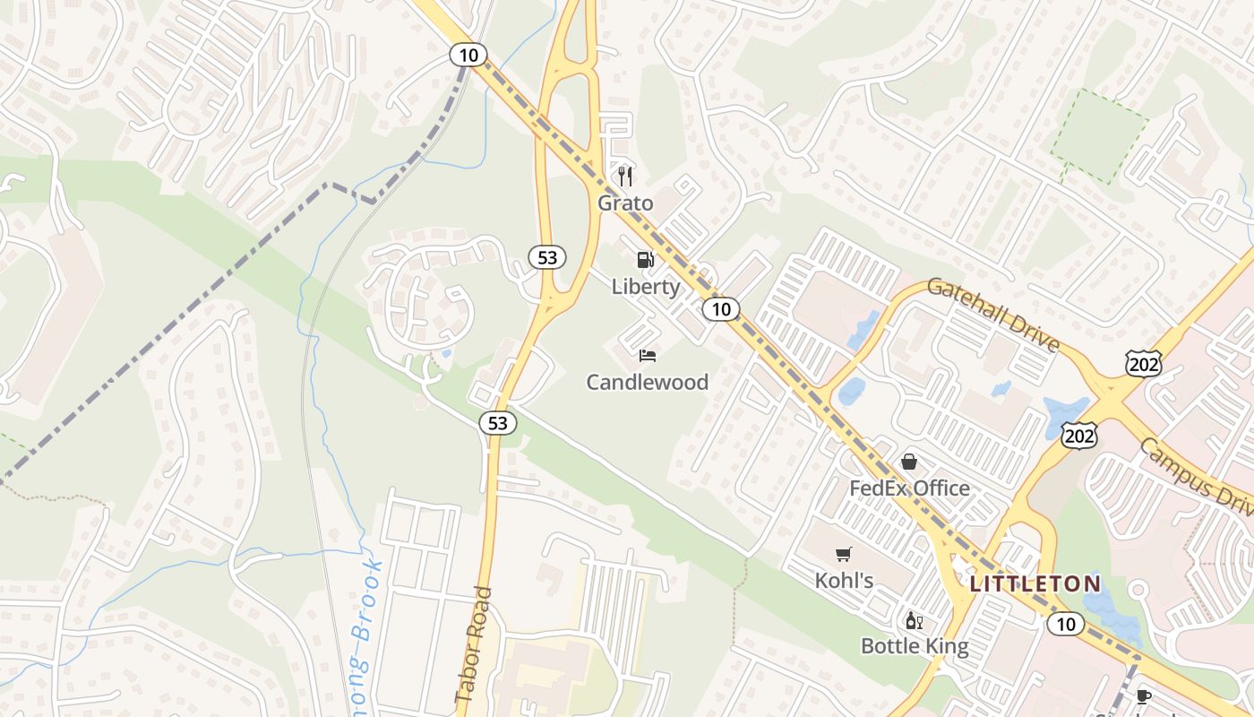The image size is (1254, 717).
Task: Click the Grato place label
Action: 625,203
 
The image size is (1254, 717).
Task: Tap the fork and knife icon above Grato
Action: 625,176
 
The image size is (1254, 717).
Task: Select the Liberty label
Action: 646,287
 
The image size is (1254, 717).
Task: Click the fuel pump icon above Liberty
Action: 645,260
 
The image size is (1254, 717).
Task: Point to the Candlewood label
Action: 647,383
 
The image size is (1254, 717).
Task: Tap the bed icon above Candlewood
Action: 648,356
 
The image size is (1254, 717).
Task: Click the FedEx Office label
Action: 909,488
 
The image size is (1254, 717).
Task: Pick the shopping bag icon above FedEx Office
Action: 909,462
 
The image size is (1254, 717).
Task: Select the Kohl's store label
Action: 844,581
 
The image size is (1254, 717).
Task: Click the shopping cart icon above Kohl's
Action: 843,554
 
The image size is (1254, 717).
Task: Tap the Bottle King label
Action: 914,646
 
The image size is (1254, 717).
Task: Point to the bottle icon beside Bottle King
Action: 914,620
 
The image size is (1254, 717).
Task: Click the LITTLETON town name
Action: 1035,584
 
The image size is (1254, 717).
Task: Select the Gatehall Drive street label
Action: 992,315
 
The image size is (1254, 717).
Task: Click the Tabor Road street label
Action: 474,644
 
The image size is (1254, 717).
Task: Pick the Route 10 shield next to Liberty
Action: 720,309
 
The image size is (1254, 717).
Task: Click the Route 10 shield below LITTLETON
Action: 1065,624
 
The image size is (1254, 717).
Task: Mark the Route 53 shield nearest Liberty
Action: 547,258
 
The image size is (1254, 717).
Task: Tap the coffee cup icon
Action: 1143,696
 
